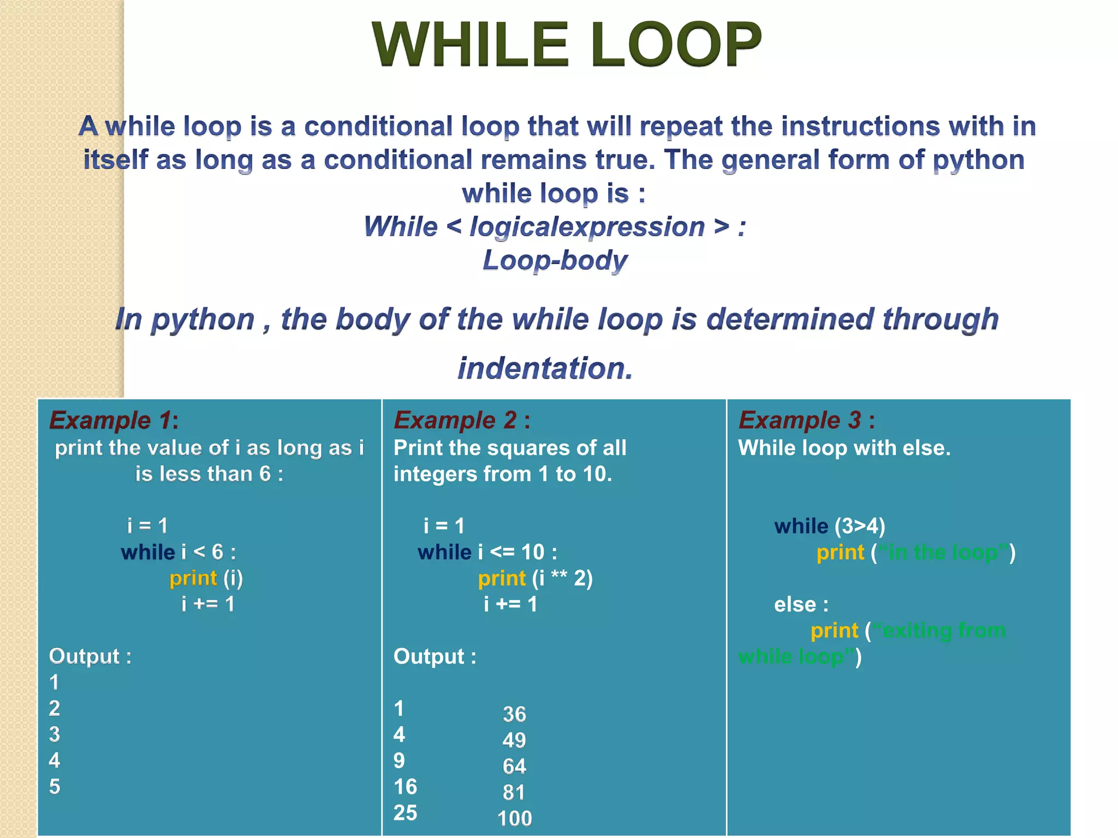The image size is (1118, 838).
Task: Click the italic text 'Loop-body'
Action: tap(555, 260)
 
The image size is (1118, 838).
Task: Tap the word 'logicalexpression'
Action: tap(587, 226)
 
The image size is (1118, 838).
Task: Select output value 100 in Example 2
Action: tap(514, 818)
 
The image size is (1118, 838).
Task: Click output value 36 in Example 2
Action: tap(514, 714)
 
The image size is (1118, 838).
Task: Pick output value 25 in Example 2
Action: tap(405, 813)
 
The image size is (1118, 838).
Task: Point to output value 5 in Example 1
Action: tap(55, 787)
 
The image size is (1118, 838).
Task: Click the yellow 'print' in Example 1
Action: tap(193, 578)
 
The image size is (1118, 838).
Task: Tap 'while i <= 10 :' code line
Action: tap(487, 552)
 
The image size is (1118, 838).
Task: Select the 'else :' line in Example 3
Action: tap(801, 604)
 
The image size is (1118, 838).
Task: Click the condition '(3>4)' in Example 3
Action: tap(860, 526)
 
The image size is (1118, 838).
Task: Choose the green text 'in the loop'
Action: tap(943, 552)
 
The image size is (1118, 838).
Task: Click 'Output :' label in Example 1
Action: tap(90, 656)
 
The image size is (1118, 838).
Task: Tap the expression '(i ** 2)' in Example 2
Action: tap(562, 578)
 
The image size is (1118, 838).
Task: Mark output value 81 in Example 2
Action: tap(514, 792)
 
